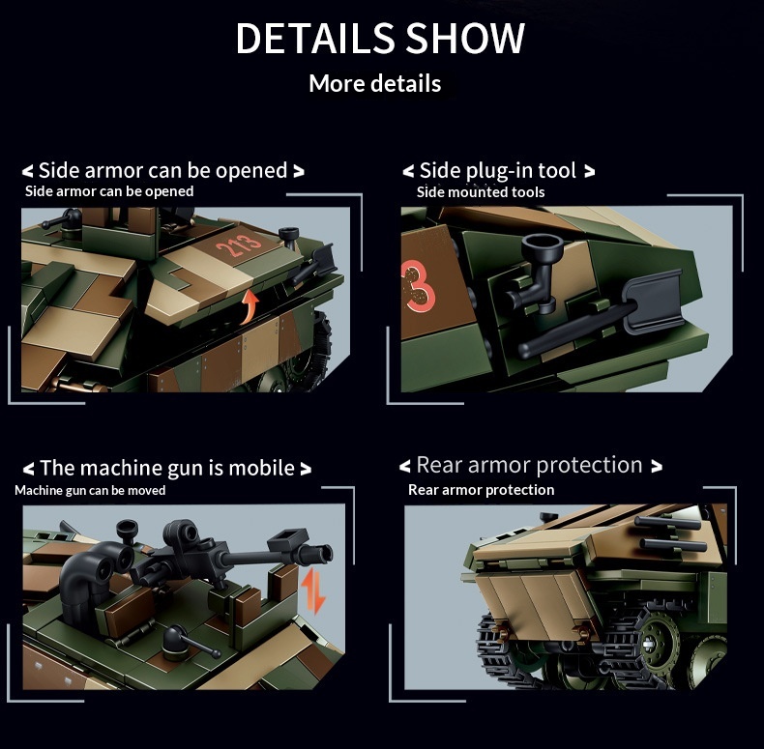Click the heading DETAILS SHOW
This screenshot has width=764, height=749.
coord(380,38)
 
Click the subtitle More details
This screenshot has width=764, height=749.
coord(375,83)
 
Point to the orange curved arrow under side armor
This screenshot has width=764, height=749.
coord(249,305)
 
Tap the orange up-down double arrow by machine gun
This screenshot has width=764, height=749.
coord(312,591)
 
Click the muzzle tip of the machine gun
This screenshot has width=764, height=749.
coord(321,552)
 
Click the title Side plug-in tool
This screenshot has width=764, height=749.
coord(498,170)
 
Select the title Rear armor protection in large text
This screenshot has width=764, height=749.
coord(530,465)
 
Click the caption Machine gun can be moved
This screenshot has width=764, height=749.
coord(90,490)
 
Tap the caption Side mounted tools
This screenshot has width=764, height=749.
coord(481,192)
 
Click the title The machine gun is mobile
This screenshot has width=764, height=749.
coord(166,468)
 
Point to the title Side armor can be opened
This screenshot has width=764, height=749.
coord(162,170)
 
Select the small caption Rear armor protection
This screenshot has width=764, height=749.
coord(481,489)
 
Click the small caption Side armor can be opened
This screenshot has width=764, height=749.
coord(109,191)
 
